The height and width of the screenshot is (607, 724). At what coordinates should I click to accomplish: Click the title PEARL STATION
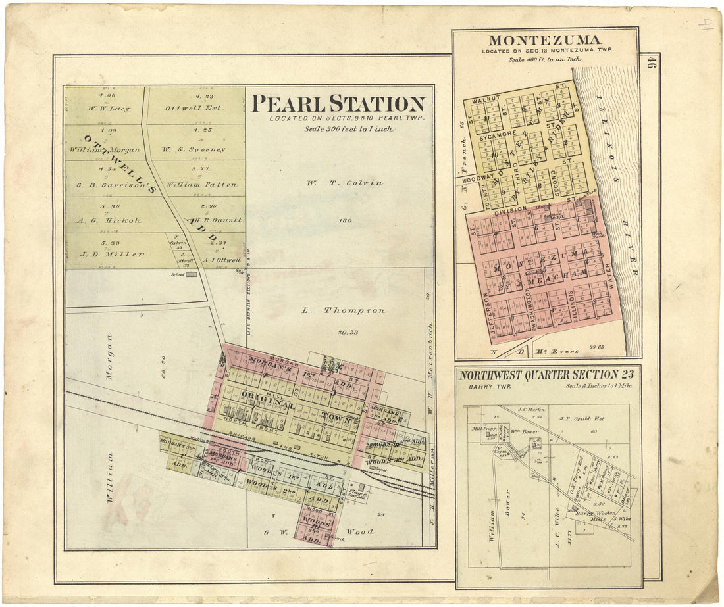pyautogui.click(x=338, y=104)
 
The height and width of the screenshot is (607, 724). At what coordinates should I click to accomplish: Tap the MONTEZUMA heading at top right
pyautogui.click(x=546, y=40)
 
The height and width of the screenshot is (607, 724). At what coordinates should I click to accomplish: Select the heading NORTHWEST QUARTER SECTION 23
pyautogui.click(x=547, y=375)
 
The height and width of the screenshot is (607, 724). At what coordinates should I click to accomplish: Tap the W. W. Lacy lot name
pyautogui.click(x=106, y=109)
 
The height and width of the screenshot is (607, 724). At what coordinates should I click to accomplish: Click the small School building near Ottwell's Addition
pyautogui.click(x=191, y=274)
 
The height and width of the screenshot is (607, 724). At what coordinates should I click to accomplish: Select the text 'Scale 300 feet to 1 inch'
pyautogui.click(x=348, y=129)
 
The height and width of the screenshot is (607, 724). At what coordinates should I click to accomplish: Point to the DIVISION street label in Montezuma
pyautogui.click(x=510, y=210)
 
